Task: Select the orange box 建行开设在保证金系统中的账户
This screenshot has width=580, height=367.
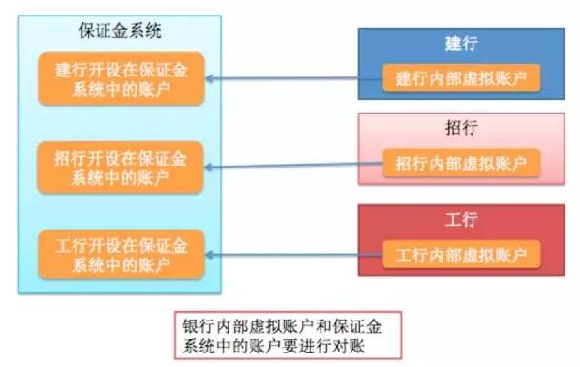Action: [x=120, y=78]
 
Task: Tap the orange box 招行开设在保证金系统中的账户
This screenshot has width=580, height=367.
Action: [x=120, y=166]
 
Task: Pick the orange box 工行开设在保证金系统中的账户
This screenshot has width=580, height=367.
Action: [x=120, y=253]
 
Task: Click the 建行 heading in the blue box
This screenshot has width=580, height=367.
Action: [x=461, y=45]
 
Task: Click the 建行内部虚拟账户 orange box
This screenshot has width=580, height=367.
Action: [x=461, y=78]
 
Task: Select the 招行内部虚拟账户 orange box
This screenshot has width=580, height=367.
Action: [x=461, y=164]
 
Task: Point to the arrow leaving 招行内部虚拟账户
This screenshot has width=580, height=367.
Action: [x=295, y=167]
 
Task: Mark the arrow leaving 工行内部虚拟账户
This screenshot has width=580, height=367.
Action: [x=295, y=255]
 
